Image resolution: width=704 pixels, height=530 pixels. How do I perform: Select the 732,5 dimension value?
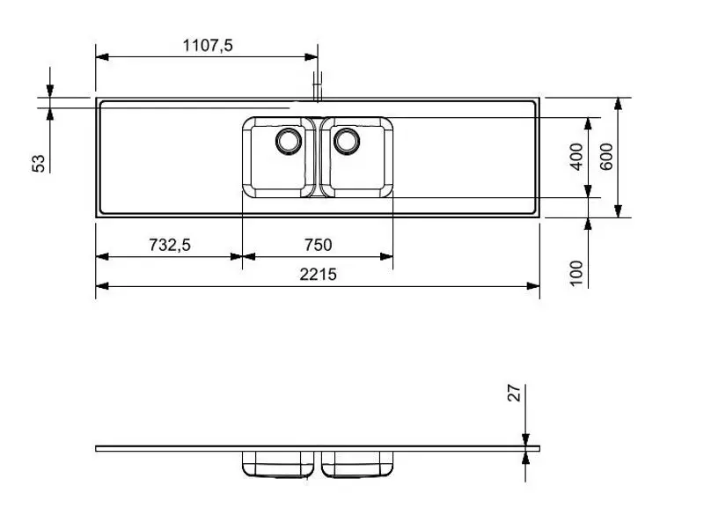click(x=169, y=246)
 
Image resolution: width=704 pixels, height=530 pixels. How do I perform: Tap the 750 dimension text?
click(x=317, y=246)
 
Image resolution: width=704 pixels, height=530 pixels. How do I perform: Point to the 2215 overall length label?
click(x=318, y=274)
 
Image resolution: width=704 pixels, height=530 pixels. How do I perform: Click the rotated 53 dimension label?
click(x=39, y=163)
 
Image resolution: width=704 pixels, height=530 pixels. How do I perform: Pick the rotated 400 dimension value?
click(x=577, y=157)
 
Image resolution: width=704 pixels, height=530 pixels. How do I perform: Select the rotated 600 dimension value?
click(x=606, y=157)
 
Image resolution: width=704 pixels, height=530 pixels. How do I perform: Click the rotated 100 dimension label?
click(x=577, y=272)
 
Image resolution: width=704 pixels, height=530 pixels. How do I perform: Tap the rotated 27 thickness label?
click(x=516, y=392)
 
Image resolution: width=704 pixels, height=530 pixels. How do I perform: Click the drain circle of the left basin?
click(x=288, y=140)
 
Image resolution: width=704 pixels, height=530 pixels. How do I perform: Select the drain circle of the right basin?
click(x=346, y=140)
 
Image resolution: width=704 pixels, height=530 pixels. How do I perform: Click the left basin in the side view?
click(x=279, y=464)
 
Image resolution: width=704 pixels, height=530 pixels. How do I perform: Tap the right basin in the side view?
click(x=356, y=464)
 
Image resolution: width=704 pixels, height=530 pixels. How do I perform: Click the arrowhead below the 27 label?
click(x=525, y=439)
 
